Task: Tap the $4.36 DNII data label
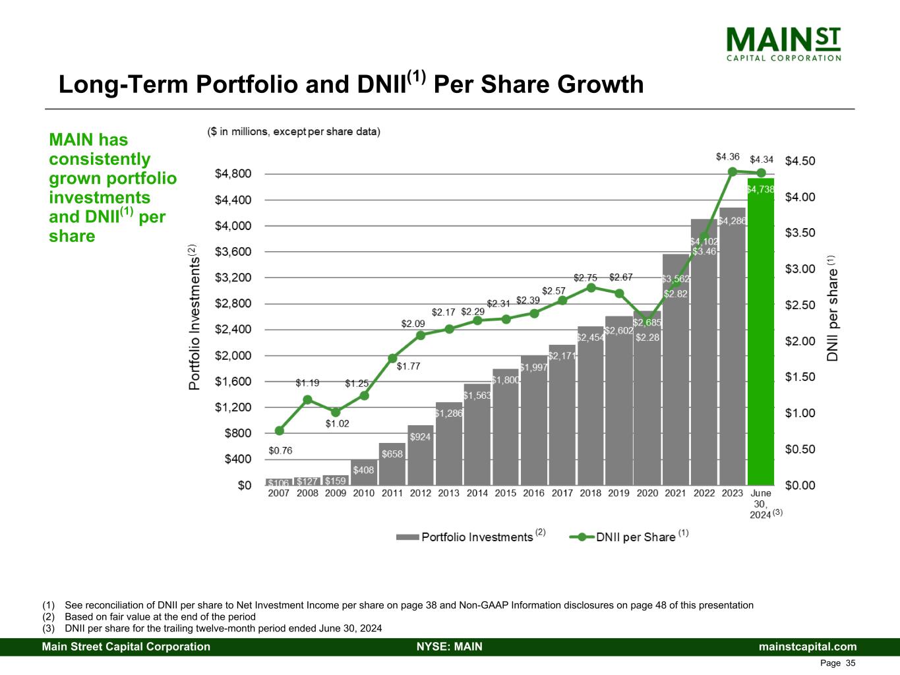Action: pos(728,157)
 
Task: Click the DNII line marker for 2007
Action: pos(279,430)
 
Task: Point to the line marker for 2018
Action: pos(591,287)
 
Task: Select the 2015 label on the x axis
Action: pos(506,493)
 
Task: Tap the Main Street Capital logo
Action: pos(783,44)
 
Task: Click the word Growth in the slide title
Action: pos(600,84)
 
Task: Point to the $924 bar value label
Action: pos(420,436)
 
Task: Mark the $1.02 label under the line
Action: pos(337,423)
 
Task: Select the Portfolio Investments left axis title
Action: pos(195,318)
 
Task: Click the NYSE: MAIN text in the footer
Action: pos(449,647)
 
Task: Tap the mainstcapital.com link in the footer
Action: pos(808,647)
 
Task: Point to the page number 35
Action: pos(850,663)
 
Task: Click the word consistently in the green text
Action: pos(100,159)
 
